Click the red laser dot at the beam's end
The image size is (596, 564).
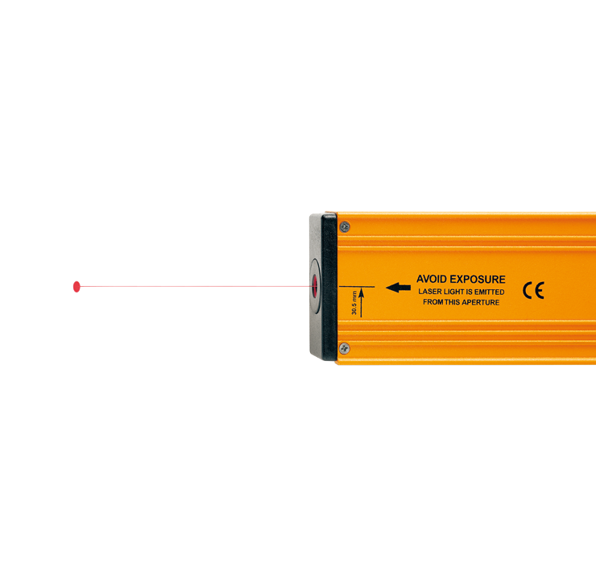pyautogui.click(x=77, y=286)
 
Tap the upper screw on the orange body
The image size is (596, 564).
pyautogui.click(x=345, y=227)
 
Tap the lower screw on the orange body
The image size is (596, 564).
pyautogui.click(x=344, y=348)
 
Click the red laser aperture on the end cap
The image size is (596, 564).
pyautogui.click(x=315, y=286)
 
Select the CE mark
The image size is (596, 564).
pyautogui.click(x=533, y=291)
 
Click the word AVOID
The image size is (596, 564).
pyautogui.click(x=432, y=279)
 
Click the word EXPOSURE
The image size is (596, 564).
pyautogui.click(x=478, y=279)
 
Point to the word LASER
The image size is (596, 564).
pyautogui.click(x=430, y=292)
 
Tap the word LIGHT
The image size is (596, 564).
pyautogui.click(x=453, y=292)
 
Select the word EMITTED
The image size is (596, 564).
pyautogui.click(x=490, y=292)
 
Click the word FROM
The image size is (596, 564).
pyautogui.click(x=433, y=302)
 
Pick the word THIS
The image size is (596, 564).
pyautogui.click(x=453, y=302)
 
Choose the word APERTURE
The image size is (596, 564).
pyautogui.click(x=481, y=302)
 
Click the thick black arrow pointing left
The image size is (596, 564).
pyautogui.click(x=398, y=288)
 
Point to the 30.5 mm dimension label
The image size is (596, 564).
pyautogui.click(x=354, y=303)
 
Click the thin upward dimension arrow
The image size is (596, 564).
pyautogui.click(x=361, y=303)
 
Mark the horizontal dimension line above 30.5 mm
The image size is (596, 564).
pyautogui.click(x=357, y=286)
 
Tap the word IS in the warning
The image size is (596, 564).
pyautogui.click(x=469, y=292)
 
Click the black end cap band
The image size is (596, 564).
pyautogui.click(x=329, y=287)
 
